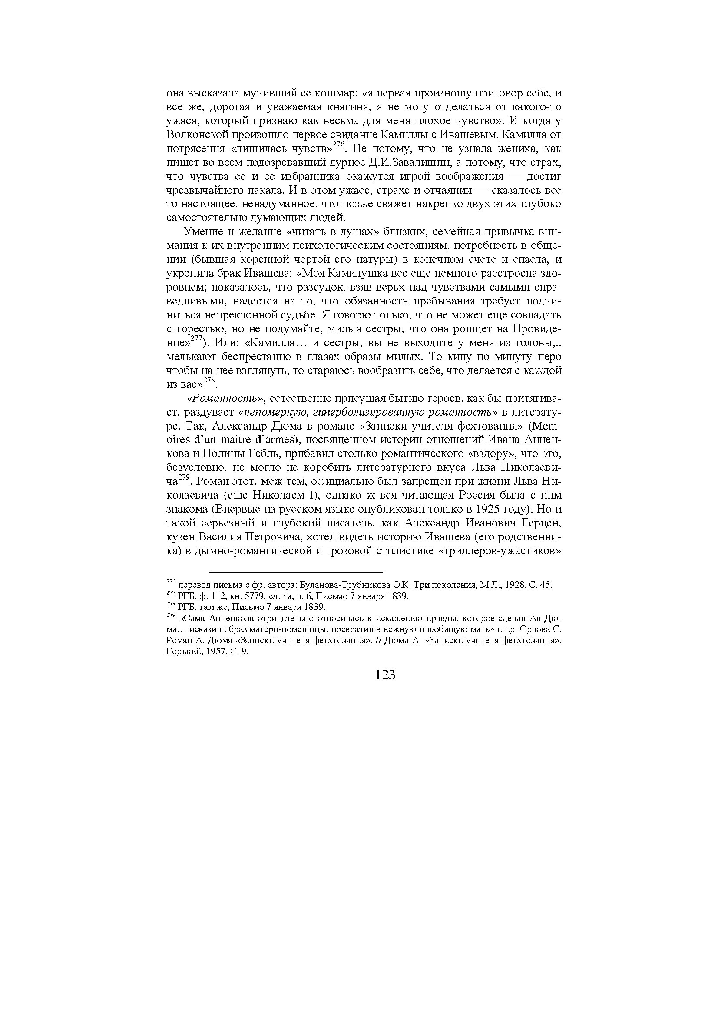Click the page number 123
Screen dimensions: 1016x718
point(384,675)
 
